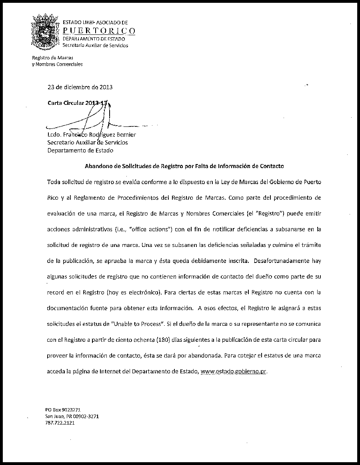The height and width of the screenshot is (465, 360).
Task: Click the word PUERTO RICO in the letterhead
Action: click(99, 31)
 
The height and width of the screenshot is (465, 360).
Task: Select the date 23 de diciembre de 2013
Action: click(80, 87)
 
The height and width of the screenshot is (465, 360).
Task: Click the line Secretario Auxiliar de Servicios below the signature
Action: click(88, 142)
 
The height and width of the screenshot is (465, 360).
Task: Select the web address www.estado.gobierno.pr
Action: click(233, 371)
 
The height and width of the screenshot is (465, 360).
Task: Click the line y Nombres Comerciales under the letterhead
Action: click(57, 64)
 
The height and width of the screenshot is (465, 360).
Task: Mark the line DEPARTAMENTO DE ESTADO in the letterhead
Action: click(94, 39)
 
